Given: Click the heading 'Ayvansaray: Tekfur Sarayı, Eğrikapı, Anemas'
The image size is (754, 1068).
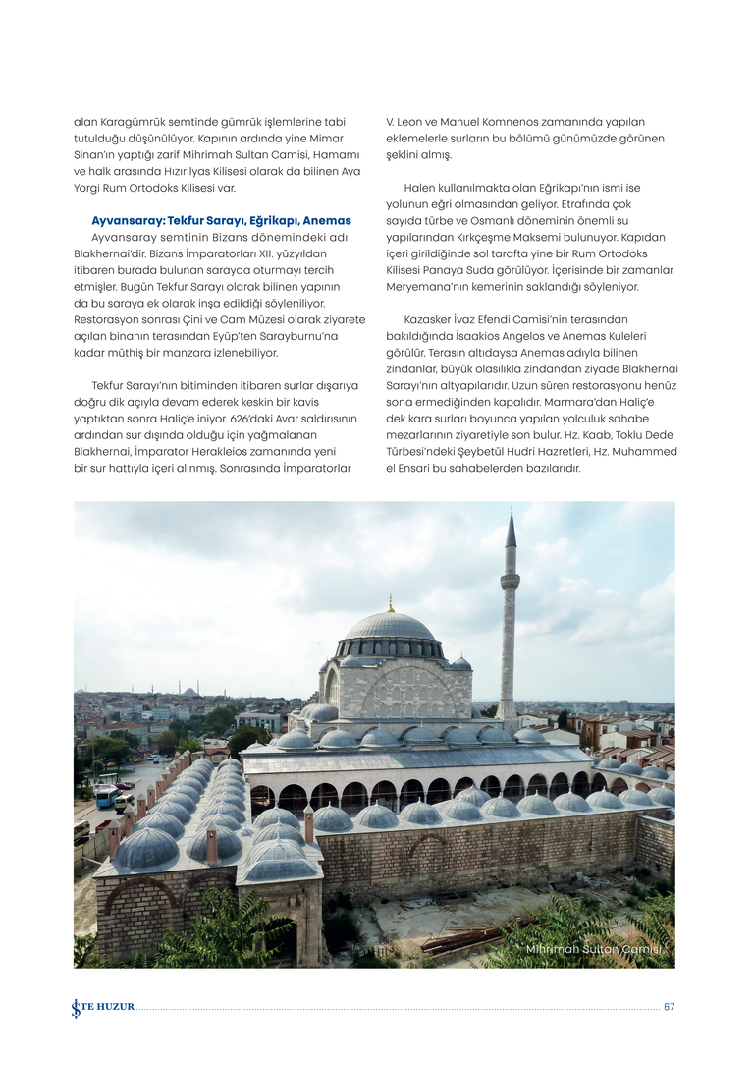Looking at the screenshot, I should point(221,220).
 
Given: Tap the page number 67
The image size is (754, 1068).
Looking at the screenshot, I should point(670,1007).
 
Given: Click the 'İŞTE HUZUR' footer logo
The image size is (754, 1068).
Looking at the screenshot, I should point(102,1007).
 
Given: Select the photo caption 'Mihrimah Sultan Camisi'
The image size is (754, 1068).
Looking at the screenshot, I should point(594,949).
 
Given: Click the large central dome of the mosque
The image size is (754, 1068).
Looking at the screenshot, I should point(390,626).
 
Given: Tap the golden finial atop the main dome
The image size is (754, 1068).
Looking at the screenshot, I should point(390,602).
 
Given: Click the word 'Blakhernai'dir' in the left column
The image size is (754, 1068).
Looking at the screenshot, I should point(114,253).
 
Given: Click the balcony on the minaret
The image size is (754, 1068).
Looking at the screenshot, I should point(510,581).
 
